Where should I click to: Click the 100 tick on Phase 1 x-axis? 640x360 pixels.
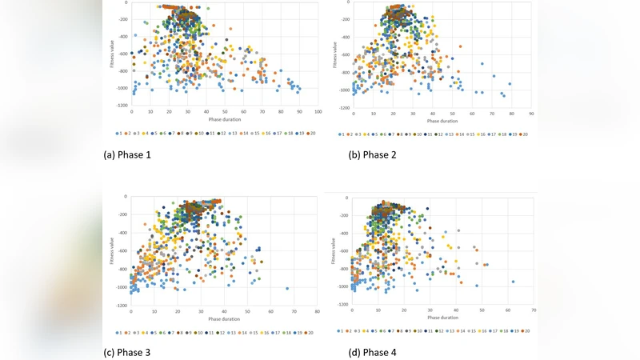click(x=318, y=112)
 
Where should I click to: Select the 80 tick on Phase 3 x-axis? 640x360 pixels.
click(x=317, y=310)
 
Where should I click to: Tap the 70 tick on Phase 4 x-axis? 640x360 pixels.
click(x=533, y=310)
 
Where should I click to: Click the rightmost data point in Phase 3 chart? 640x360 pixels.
click(x=287, y=289)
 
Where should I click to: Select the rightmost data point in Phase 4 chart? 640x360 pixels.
click(x=513, y=282)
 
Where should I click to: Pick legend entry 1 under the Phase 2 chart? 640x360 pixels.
click(x=342, y=134)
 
